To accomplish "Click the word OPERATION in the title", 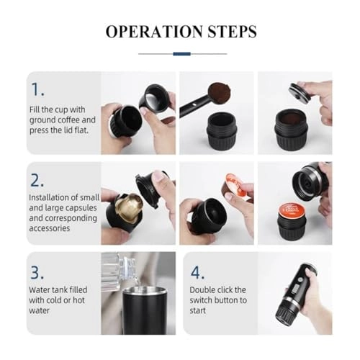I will (153, 32).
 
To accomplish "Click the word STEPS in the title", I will (229, 32).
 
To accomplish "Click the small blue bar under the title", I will (182, 53).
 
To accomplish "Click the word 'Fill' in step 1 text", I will (35, 108).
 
